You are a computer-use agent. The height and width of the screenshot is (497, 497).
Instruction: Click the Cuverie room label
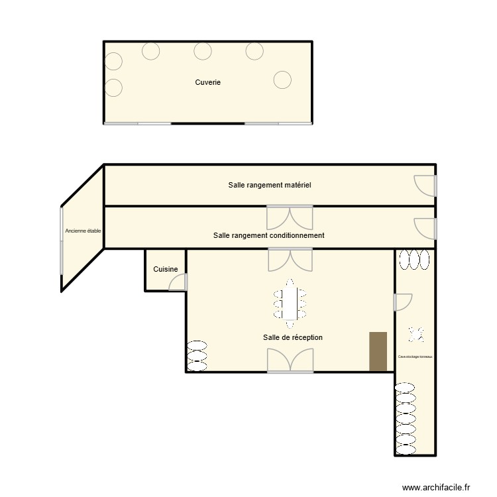pyautogui.click(x=207, y=82)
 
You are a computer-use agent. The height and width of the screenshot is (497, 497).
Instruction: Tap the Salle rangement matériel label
pyautogui.click(x=269, y=185)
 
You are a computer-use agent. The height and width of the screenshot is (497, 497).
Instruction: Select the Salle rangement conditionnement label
pyautogui.click(x=268, y=235)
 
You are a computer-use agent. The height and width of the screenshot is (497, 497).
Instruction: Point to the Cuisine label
pyautogui.click(x=165, y=269)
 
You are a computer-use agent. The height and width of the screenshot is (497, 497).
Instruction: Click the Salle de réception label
pyautogui.click(x=292, y=337)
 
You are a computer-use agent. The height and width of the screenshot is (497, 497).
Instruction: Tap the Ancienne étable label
pyautogui.click(x=83, y=231)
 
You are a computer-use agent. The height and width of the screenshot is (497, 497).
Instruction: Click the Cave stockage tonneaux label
pyautogui.click(x=415, y=357)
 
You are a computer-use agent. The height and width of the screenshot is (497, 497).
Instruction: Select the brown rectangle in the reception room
pyautogui.click(x=378, y=351)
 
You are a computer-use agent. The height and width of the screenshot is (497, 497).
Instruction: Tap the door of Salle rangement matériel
pyautogui.click(x=425, y=185)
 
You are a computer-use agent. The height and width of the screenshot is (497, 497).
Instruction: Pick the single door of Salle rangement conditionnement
pyautogui.click(x=425, y=228)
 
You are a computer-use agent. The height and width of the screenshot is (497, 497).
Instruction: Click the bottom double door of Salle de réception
pyautogui.click(x=290, y=360)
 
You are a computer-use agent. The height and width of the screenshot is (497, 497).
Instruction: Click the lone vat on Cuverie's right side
pyautogui.click(x=282, y=80)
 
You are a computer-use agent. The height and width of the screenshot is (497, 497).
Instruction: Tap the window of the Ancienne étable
pyautogui.click(x=61, y=241)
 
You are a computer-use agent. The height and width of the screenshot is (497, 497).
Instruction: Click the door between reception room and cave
pyautogui.click(x=402, y=302)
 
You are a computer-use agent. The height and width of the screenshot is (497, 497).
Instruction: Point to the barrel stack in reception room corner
pyautogui.click(x=197, y=355)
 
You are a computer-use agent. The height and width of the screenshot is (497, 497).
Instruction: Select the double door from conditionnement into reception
pyautogui.click(x=290, y=259)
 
